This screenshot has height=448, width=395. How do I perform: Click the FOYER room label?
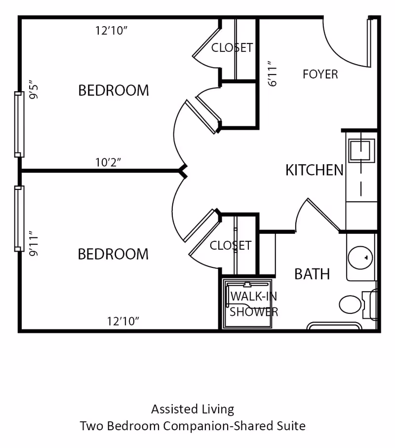[320, 75]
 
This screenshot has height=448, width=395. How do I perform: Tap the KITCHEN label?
[315, 170]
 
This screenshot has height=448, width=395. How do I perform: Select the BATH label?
[312, 274]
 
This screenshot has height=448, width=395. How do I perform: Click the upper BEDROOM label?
[114, 91]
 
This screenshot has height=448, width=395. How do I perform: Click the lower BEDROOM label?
[113, 254]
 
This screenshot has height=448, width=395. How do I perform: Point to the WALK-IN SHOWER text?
[254, 304]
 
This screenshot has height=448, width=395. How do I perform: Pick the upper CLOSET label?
[232, 47]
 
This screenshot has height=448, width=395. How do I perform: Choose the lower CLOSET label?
[231, 245]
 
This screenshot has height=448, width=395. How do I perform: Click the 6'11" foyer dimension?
[273, 74]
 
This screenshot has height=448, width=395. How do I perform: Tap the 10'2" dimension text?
[108, 162]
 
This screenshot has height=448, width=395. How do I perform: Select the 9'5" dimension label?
[34, 89]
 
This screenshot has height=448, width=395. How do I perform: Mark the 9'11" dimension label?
[34, 243]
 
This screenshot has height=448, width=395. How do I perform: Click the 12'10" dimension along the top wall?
[111, 31]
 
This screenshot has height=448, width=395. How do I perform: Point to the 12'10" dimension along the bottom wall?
[123, 321]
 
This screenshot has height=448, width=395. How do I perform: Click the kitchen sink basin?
[361, 150]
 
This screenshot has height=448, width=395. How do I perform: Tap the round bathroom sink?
[360, 258]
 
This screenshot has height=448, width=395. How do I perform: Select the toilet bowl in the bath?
[351, 304]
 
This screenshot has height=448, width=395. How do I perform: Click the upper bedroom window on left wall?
[19, 124]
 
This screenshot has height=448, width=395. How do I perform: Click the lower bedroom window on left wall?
[19, 219]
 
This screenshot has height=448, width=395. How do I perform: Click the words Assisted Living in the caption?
[193, 409]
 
